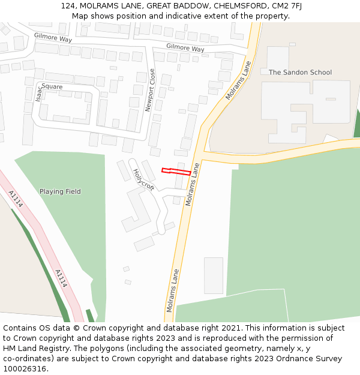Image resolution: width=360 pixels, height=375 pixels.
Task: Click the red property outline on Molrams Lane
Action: point(176,172)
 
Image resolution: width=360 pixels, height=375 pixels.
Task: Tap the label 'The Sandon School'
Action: point(300,73)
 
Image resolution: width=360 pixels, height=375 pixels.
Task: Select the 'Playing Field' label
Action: point(60,192)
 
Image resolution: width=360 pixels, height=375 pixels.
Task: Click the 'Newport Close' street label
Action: point(150,90)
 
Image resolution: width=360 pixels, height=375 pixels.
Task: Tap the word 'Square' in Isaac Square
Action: point(52,86)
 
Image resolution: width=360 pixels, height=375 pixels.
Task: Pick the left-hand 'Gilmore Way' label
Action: point(53,37)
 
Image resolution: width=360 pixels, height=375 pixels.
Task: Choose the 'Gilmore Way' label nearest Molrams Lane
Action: point(185,48)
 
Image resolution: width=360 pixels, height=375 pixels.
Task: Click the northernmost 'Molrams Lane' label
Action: point(238,80)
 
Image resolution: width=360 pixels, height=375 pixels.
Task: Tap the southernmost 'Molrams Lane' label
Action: point(172,290)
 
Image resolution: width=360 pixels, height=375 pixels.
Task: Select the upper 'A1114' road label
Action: point(16,199)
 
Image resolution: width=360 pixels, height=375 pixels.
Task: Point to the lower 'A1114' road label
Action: point(61,278)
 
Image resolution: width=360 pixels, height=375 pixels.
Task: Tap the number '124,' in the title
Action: point(68,6)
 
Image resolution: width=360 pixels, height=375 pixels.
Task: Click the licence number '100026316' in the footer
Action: point(23,369)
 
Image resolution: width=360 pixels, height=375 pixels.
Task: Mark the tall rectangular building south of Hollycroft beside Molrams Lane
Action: point(213,275)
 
